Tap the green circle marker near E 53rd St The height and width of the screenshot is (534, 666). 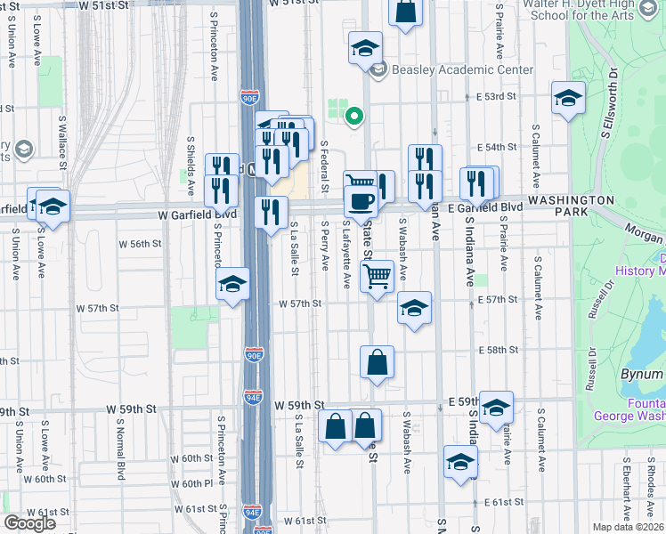pyautogui.click(x=354, y=115)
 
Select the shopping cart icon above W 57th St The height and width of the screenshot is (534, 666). pyautogui.click(x=378, y=275)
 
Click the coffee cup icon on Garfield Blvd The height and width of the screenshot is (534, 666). pyautogui.click(x=361, y=201)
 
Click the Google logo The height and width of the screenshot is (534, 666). pyautogui.click(x=29, y=523)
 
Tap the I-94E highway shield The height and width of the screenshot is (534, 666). pyautogui.click(x=254, y=397)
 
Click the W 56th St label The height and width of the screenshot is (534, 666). pyautogui.click(x=141, y=243)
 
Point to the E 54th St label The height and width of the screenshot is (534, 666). pyautogui.click(x=497, y=147)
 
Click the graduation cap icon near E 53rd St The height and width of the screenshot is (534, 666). pyautogui.click(x=567, y=99)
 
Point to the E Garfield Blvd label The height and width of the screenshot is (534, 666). pyautogui.click(x=484, y=207)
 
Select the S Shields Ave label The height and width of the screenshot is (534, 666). pyautogui.click(x=191, y=166)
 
